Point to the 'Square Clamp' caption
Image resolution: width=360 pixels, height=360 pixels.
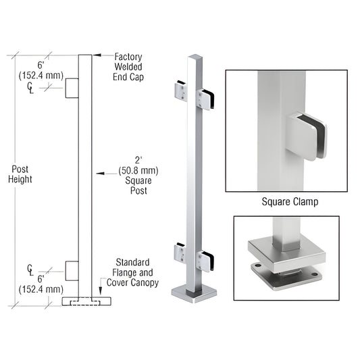pos(288,201)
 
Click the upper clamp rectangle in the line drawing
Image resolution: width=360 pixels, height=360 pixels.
pos(72,88)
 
